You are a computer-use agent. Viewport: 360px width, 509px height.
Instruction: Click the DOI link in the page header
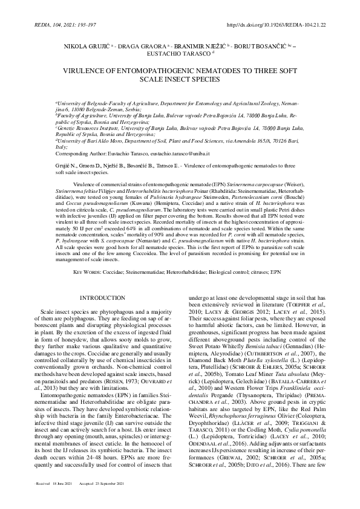point(284,25)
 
